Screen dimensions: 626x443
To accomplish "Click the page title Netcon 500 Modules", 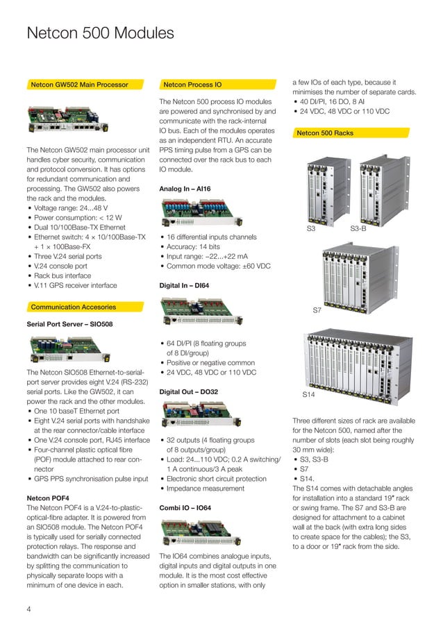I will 100,33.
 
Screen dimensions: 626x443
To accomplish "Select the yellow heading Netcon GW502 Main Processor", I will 79,85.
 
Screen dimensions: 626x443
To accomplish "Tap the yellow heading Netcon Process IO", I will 193,85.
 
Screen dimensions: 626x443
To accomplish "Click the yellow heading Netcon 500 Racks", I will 325,132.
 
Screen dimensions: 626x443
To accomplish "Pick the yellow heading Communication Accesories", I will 73,307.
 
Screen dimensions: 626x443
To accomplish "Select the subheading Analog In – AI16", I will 185,189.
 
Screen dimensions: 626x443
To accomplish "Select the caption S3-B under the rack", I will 358,228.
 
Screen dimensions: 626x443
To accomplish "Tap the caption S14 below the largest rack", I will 309,394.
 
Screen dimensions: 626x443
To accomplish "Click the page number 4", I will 28,609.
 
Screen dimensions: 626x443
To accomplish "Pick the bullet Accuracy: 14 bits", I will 193,246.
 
